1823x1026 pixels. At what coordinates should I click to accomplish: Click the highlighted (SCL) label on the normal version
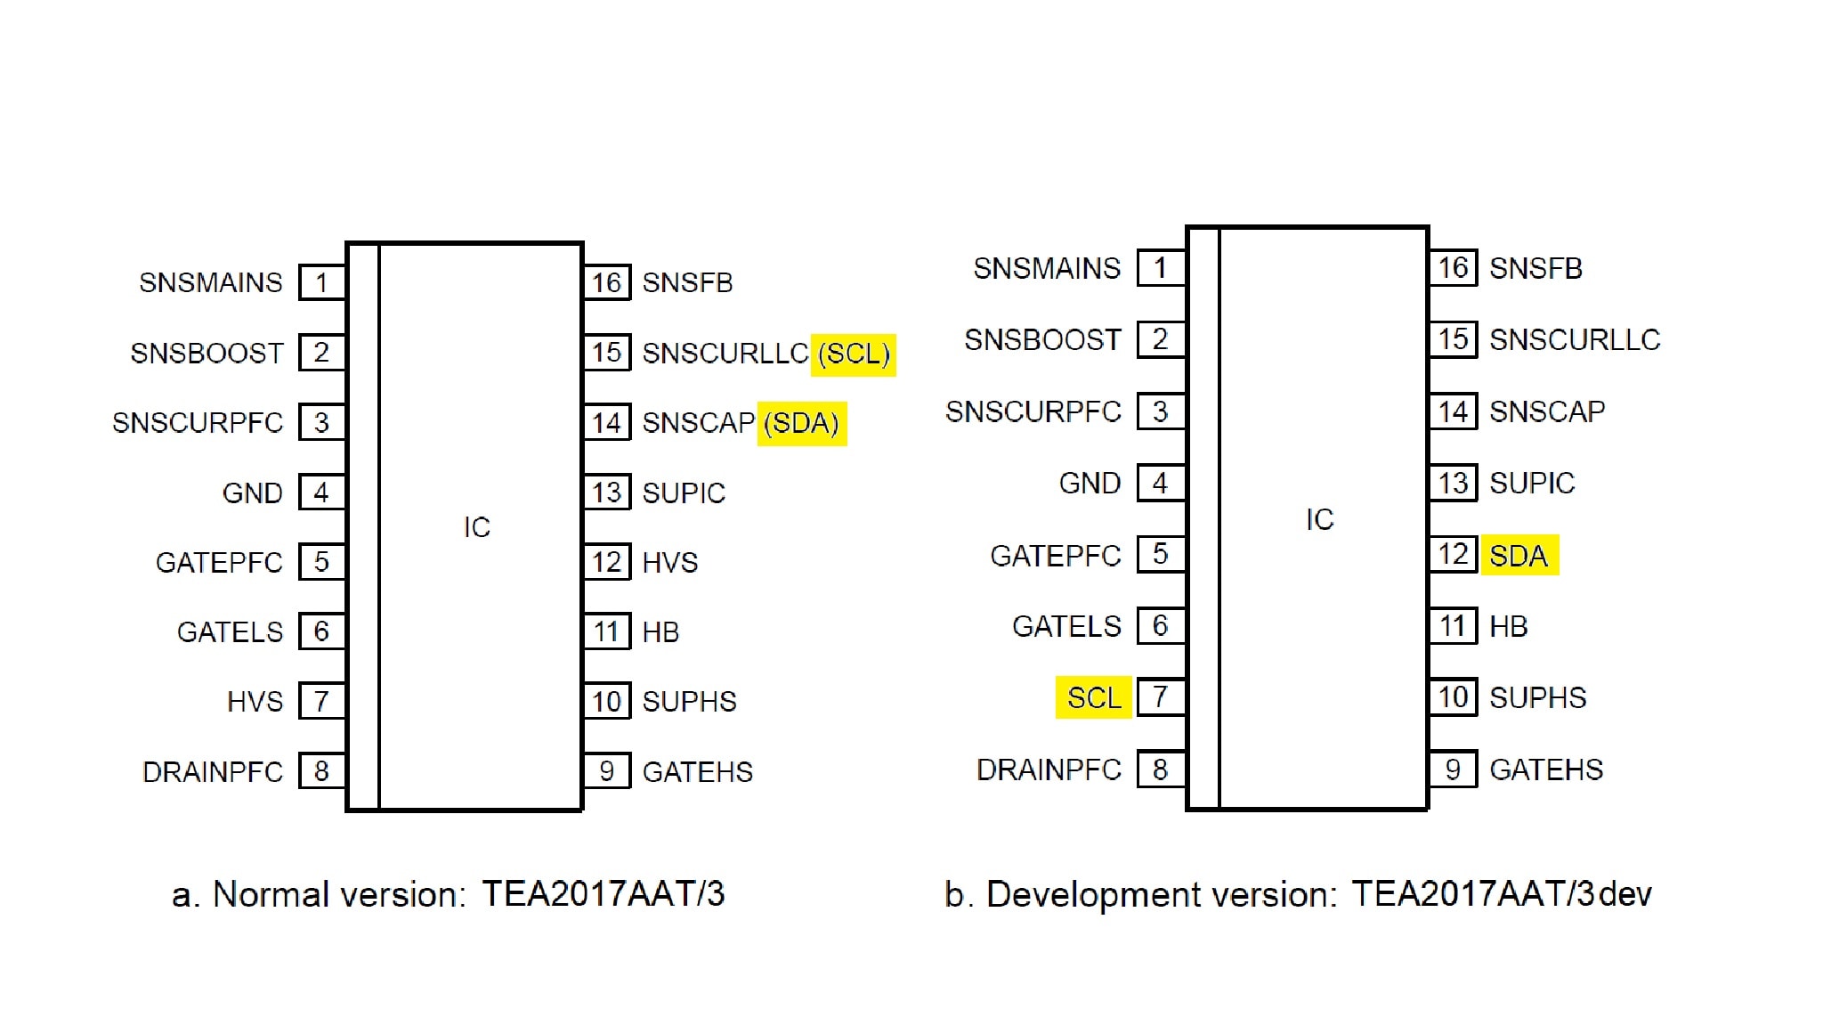point(853,354)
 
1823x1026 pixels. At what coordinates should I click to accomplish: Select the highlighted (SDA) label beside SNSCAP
point(802,423)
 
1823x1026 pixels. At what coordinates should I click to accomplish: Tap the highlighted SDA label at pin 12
point(1519,556)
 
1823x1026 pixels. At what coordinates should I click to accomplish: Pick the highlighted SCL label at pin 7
point(1094,697)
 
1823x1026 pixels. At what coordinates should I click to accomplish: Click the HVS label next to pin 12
point(670,563)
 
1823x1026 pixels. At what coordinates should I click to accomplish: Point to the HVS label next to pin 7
point(255,702)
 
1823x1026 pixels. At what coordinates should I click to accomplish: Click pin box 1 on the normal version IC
point(321,282)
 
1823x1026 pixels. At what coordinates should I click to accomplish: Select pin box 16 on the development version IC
point(1453,267)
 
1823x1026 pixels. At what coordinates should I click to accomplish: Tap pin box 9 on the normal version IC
point(607,771)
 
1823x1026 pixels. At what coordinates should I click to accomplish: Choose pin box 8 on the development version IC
point(1160,769)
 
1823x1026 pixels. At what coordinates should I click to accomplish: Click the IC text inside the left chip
point(477,527)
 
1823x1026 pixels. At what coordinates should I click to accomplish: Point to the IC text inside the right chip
point(1320,520)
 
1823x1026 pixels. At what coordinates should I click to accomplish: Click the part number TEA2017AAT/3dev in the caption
point(1502,894)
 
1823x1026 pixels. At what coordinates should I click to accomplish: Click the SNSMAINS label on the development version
point(1047,268)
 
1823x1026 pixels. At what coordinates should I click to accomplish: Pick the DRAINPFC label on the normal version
point(213,772)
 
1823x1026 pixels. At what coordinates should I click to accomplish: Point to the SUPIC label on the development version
point(1532,484)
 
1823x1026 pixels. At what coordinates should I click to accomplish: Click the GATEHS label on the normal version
point(698,772)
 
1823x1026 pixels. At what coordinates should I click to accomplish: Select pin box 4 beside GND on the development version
point(1160,484)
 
